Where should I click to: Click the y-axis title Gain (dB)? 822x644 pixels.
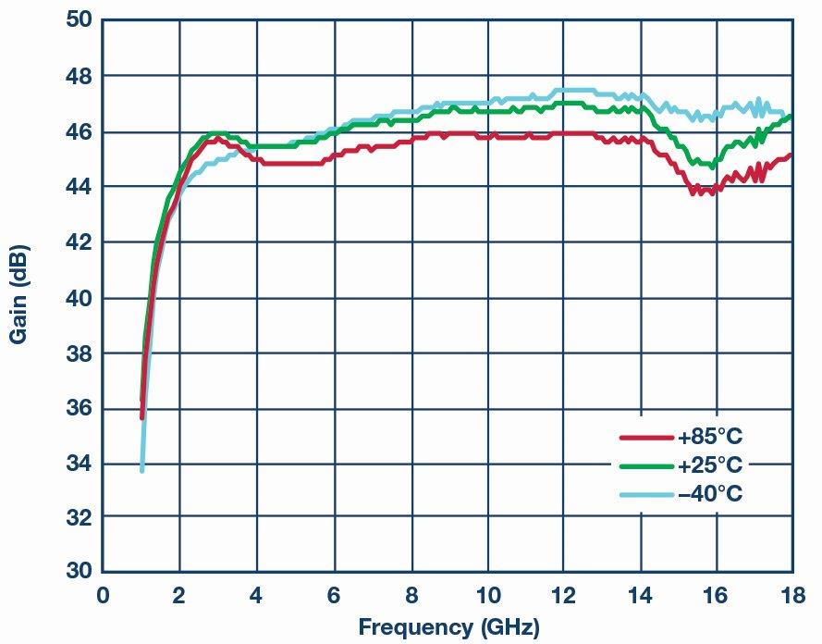(x=18, y=294)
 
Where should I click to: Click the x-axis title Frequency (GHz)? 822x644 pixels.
(x=448, y=628)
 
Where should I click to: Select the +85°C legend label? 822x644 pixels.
(x=710, y=436)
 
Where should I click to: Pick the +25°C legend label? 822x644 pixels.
(x=710, y=464)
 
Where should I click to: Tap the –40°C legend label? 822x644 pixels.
(x=710, y=494)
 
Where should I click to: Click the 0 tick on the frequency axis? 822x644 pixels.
(x=103, y=594)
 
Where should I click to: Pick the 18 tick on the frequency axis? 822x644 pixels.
(x=791, y=594)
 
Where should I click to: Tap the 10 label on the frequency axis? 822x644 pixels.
(x=486, y=594)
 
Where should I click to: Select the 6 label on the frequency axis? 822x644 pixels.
(x=333, y=594)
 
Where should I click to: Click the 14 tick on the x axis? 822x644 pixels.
(x=640, y=594)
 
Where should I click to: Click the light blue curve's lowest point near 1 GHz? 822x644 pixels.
(x=141, y=470)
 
